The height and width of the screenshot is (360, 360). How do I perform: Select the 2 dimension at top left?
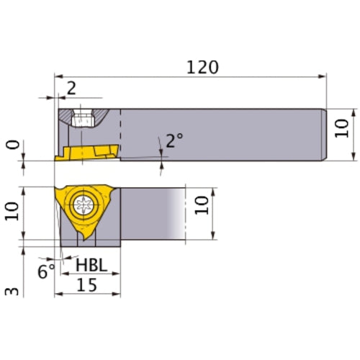tap(71, 88)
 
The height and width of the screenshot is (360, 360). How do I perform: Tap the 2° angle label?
tap(174, 140)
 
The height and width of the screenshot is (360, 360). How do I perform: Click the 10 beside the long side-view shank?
tap(343, 128)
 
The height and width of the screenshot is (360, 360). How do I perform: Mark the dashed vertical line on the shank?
tap(120, 133)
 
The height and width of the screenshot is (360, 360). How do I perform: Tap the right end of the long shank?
tap(325, 134)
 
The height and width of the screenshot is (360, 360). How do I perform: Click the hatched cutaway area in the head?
tap(68, 115)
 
